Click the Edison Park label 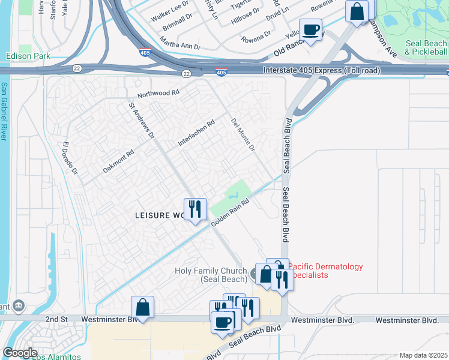[x=26, y=56]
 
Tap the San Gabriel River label [x=4, y=112]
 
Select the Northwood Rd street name [x=158, y=93]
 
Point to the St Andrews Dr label [x=142, y=119]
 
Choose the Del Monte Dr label [x=243, y=135]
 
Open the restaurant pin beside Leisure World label [x=194, y=209]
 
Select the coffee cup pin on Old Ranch [x=310, y=30]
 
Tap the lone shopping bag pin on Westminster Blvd [x=143, y=308]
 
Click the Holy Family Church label [x=211, y=275]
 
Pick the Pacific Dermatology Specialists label [x=325, y=271]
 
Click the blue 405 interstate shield [x=221, y=73]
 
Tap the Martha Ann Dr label [x=179, y=43]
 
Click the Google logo [x=20, y=353]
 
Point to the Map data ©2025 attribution [x=423, y=355]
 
